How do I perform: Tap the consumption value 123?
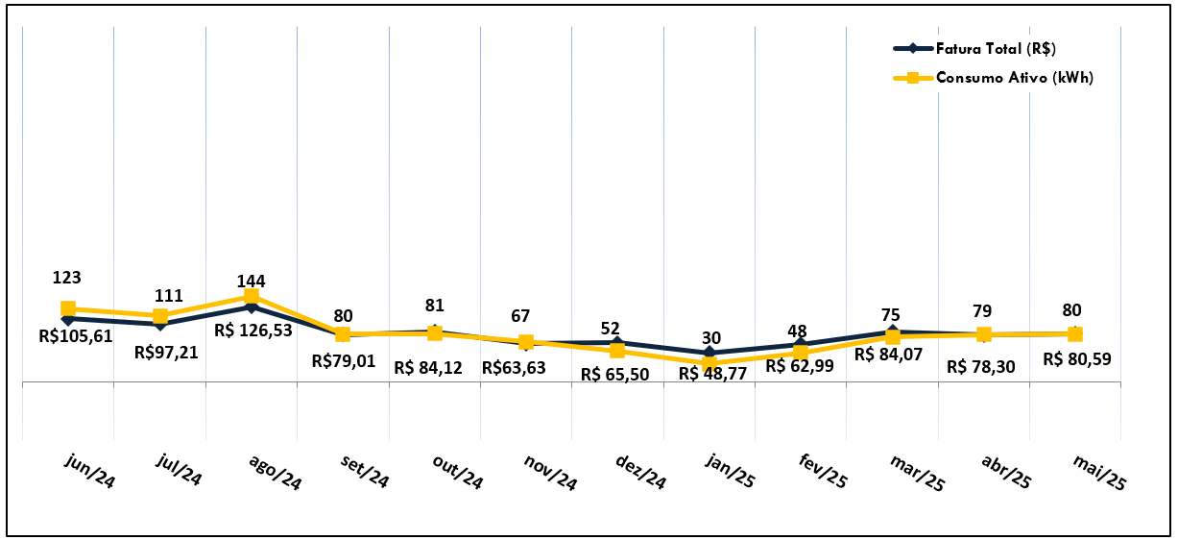tap(67, 278)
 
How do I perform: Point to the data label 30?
tap(710, 338)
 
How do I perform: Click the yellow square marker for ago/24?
tap(252, 296)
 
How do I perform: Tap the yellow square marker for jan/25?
tap(709, 363)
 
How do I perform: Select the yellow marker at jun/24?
tap(68, 309)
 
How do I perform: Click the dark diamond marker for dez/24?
tap(617, 342)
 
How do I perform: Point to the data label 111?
tap(160, 296)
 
